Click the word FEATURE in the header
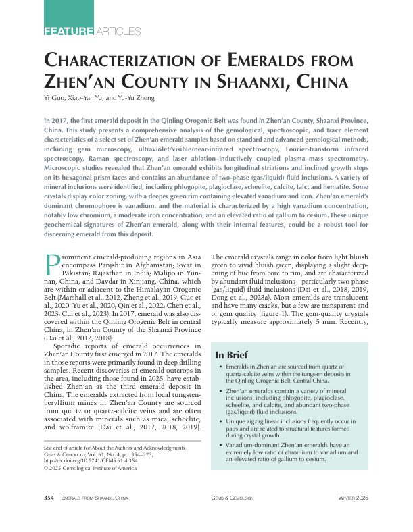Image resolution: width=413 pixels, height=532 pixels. pyautogui.click(x=68, y=31)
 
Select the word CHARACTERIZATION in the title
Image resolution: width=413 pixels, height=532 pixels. pyautogui.click(x=128, y=61)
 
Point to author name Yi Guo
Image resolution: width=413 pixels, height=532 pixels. pyautogui.click(x=55, y=99)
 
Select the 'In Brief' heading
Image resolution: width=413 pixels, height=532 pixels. pyautogui.click(x=231, y=355)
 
